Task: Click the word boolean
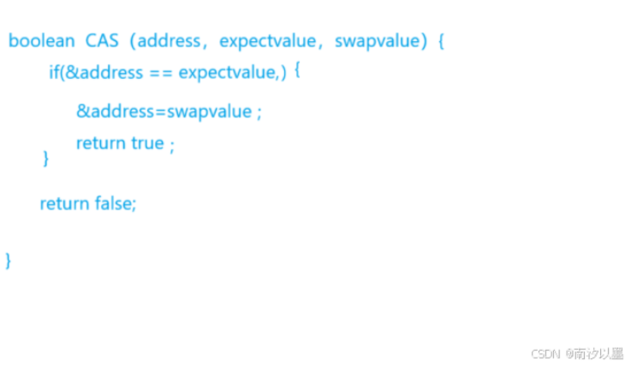click(42, 40)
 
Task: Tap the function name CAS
click(103, 40)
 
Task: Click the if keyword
click(54, 73)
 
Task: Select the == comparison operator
click(161, 73)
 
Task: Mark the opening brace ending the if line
click(297, 70)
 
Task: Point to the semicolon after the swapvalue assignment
click(259, 112)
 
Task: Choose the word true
click(147, 143)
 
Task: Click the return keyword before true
click(101, 143)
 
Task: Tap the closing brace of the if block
click(45, 159)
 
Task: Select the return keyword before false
click(64, 203)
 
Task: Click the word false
click(115, 203)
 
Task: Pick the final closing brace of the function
click(9, 260)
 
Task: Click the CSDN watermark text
click(545, 353)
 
